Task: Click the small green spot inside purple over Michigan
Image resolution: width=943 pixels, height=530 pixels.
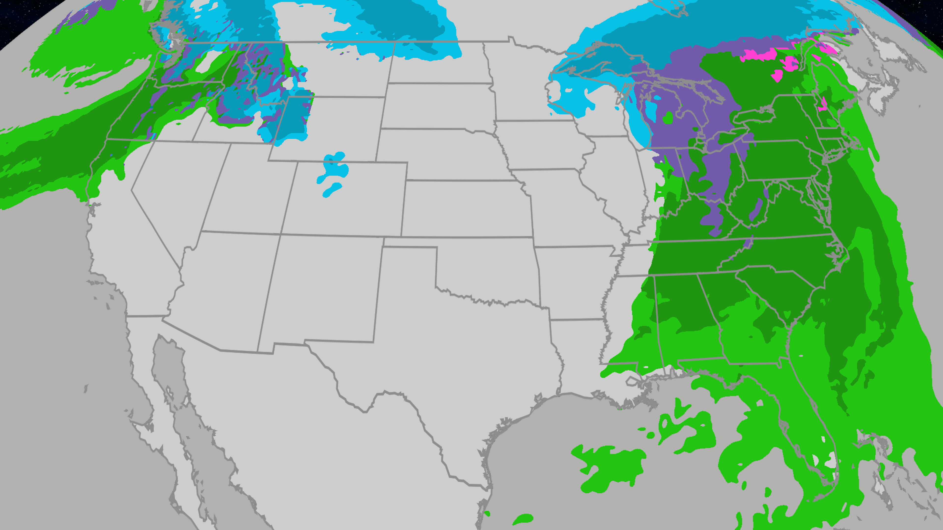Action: [668, 118]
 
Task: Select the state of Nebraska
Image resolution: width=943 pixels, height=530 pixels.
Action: [439, 154]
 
